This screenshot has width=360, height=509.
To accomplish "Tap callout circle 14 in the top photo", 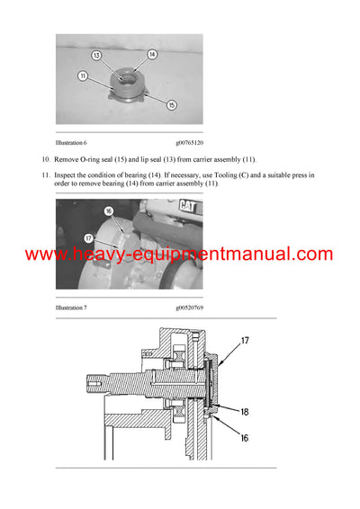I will point(152,55).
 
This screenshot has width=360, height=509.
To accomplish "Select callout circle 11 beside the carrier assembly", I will point(83,76).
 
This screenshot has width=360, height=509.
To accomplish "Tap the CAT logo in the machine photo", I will point(189,208).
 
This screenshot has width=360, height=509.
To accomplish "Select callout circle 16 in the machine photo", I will point(108,213).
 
